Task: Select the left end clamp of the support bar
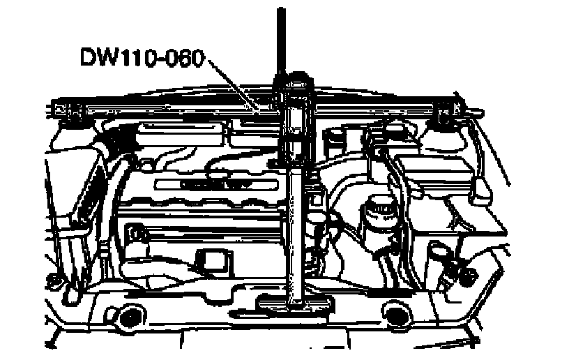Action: pos(66,110)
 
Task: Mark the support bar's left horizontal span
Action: pos(167,108)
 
